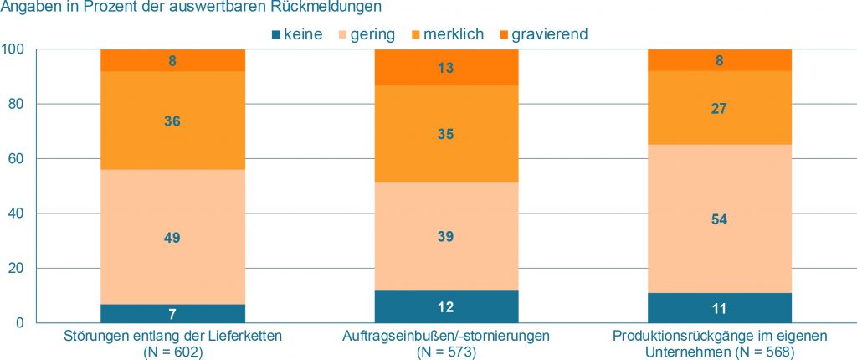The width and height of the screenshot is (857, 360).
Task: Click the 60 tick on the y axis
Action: [x=18, y=159]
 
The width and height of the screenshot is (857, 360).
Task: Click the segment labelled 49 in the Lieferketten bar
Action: [x=172, y=237]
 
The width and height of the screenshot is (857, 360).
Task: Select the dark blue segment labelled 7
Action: [x=172, y=313]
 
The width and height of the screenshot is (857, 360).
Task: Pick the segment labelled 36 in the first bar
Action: [x=172, y=121]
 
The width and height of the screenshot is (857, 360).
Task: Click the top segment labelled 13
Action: [x=446, y=68]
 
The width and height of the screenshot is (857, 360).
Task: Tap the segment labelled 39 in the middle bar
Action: [x=446, y=237]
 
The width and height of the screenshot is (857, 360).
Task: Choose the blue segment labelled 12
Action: [x=446, y=306]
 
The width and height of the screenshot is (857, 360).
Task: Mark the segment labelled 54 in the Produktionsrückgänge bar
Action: [x=719, y=219]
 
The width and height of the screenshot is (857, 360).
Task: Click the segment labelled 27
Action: [x=719, y=108]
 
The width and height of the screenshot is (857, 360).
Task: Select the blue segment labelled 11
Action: [x=719, y=308]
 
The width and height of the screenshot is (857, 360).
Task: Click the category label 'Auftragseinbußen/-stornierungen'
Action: [x=446, y=337]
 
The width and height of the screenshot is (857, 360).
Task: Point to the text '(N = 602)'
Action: [x=173, y=352]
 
